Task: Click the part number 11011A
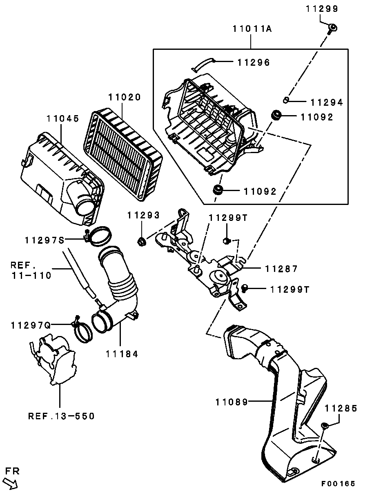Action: tap(252, 29)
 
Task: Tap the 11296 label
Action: tap(254, 62)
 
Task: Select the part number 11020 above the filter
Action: tap(125, 97)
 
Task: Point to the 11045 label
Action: tap(63, 119)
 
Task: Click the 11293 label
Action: tap(143, 215)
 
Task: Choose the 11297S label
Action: tap(45, 240)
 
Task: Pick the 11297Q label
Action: tap(31, 325)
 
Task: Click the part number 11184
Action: tap(122, 354)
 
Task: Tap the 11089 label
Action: tap(232, 402)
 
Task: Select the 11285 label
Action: tap(341, 408)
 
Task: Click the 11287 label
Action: tap(281, 269)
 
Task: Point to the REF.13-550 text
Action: tap(61, 416)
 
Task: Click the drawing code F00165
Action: tap(338, 484)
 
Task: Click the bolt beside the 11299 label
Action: tap(332, 29)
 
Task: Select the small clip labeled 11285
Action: tap(325, 425)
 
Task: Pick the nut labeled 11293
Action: tap(141, 242)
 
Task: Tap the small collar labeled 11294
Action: tap(286, 100)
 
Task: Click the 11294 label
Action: tap(327, 102)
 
